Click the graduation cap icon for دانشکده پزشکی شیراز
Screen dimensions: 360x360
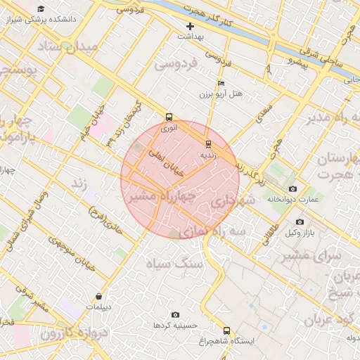[41, 9]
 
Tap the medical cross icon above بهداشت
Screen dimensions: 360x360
[190, 26]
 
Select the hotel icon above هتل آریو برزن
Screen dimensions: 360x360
[221, 83]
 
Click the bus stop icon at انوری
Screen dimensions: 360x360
[169, 117]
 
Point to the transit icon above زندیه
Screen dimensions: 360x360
[207, 143]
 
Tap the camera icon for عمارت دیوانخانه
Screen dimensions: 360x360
[292, 189]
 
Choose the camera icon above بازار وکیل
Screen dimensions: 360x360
[300, 222]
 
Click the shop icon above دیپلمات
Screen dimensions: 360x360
[98, 296]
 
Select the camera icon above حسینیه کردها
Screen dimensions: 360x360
[175, 314]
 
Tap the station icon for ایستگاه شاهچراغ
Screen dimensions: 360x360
[226, 330]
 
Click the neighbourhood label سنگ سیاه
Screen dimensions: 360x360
[174, 263]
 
